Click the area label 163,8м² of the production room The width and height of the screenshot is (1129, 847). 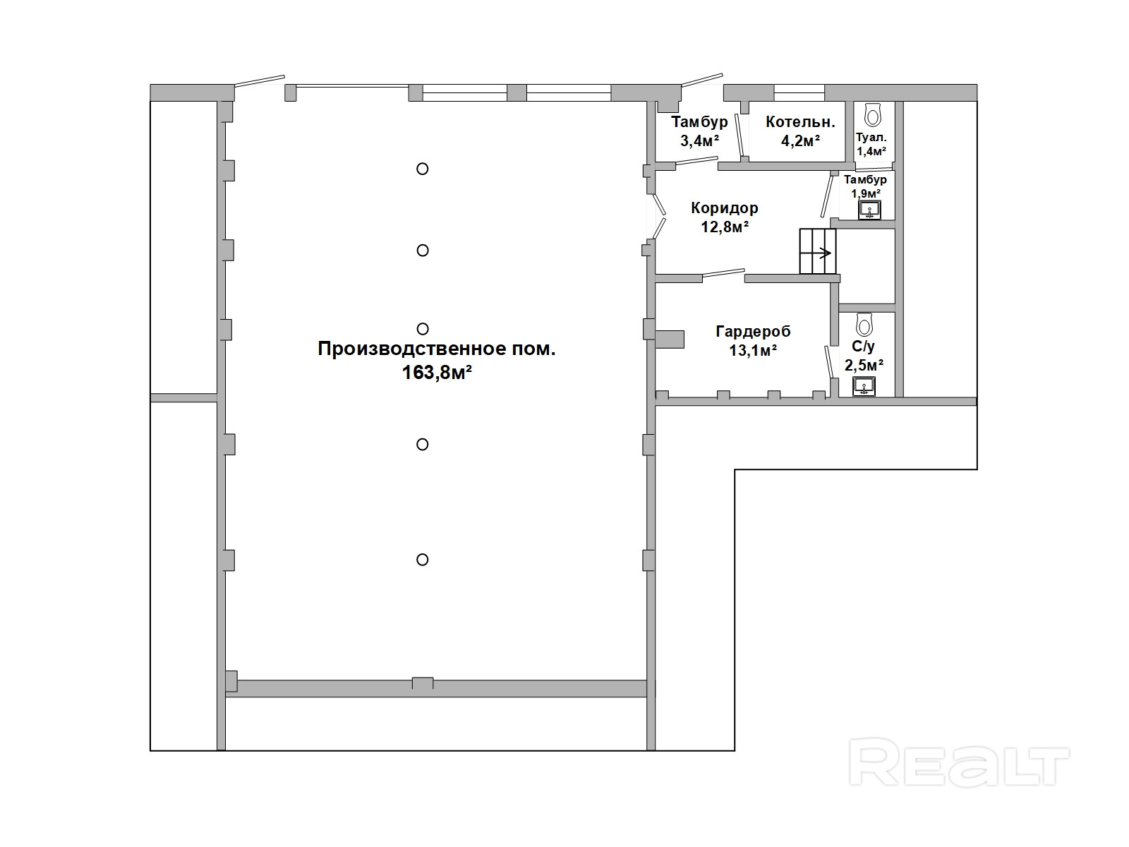(x=437, y=373)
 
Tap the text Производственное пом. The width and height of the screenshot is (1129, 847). (x=437, y=349)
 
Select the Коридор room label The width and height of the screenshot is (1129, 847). (x=724, y=208)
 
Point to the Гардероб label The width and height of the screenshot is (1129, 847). (x=753, y=332)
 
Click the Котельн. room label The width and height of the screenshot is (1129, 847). (x=800, y=122)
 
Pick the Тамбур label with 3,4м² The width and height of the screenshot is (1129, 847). (x=699, y=122)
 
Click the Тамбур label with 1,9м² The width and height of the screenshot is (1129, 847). (x=865, y=179)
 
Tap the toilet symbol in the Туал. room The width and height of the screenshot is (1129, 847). (x=872, y=114)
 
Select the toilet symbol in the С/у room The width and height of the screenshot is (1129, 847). (x=864, y=325)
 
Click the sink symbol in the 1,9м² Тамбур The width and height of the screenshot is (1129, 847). (x=869, y=210)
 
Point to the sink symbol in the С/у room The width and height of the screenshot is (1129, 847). (x=864, y=386)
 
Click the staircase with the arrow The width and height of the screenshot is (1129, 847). (x=817, y=251)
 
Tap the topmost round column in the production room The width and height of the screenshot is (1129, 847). (x=422, y=169)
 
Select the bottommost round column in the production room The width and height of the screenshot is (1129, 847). (x=422, y=560)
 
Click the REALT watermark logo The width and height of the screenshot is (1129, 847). (x=959, y=762)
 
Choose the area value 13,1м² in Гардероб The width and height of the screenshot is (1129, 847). (x=753, y=351)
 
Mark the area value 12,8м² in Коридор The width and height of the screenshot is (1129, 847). (x=725, y=227)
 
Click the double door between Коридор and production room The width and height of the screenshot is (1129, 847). (x=659, y=217)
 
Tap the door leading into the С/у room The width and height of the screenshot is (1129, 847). (x=829, y=362)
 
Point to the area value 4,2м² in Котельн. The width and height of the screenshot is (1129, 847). (x=800, y=140)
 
